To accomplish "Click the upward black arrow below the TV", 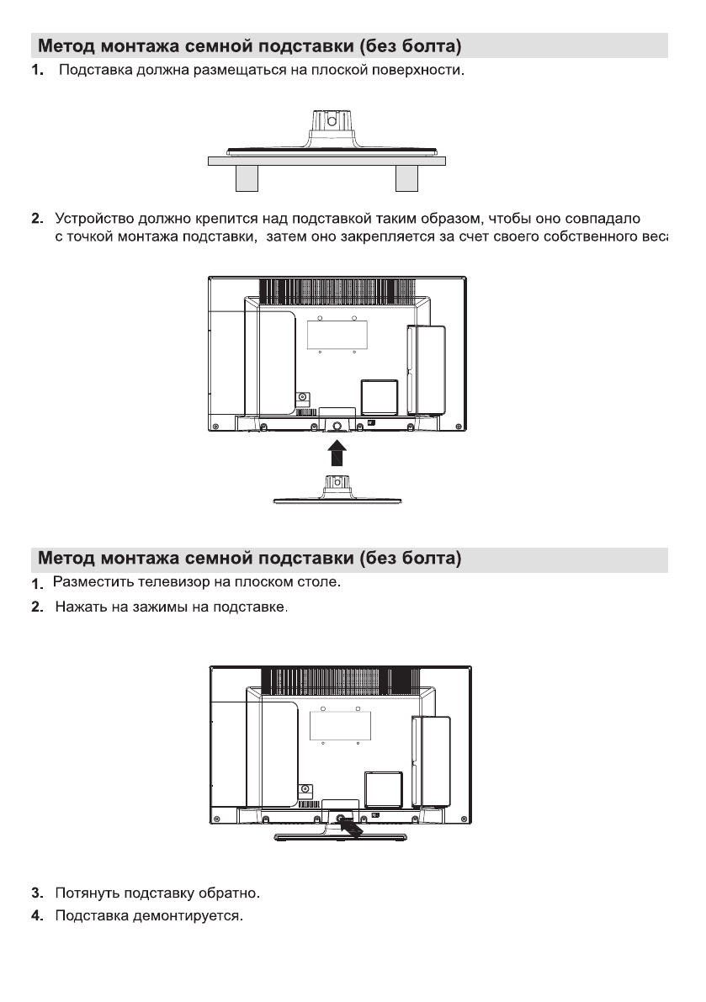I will [x=336, y=452].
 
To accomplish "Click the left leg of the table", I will [x=246, y=178].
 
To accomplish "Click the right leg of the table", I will [x=406, y=178].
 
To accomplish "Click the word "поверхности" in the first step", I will [x=428, y=68].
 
